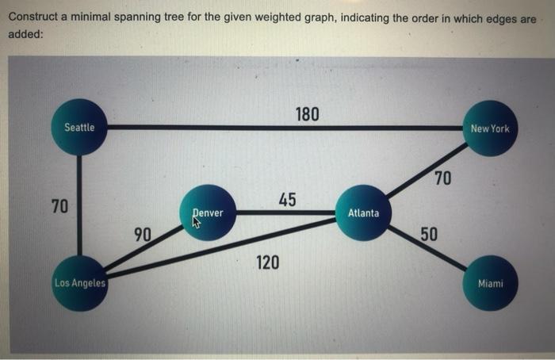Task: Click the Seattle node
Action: [79, 128]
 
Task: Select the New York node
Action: [490, 128]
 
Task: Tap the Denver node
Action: [209, 213]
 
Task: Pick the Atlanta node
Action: [363, 213]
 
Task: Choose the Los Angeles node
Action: [80, 283]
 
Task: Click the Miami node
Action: [490, 283]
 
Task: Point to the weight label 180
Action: [307, 114]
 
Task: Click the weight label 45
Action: [287, 199]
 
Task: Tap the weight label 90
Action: [143, 234]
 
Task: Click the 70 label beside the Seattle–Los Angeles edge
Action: [59, 207]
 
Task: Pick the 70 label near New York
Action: [442, 178]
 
